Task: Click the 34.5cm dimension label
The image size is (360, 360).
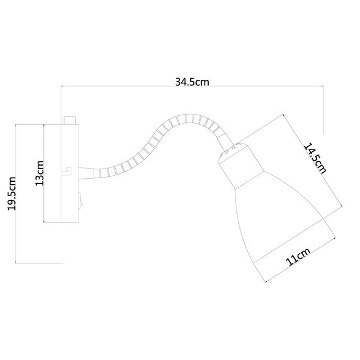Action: click(x=192, y=82)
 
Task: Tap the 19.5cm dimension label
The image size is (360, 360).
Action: click(x=12, y=194)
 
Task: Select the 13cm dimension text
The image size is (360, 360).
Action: click(x=40, y=173)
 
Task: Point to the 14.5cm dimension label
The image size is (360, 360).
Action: click(x=315, y=158)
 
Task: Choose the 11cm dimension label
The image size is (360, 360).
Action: click(x=298, y=256)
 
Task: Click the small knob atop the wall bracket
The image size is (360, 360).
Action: click(x=70, y=121)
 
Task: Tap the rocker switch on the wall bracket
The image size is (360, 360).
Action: click(x=80, y=200)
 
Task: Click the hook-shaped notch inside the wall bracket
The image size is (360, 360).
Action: click(x=67, y=171)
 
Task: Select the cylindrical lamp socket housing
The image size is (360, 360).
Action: click(x=241, y=166)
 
